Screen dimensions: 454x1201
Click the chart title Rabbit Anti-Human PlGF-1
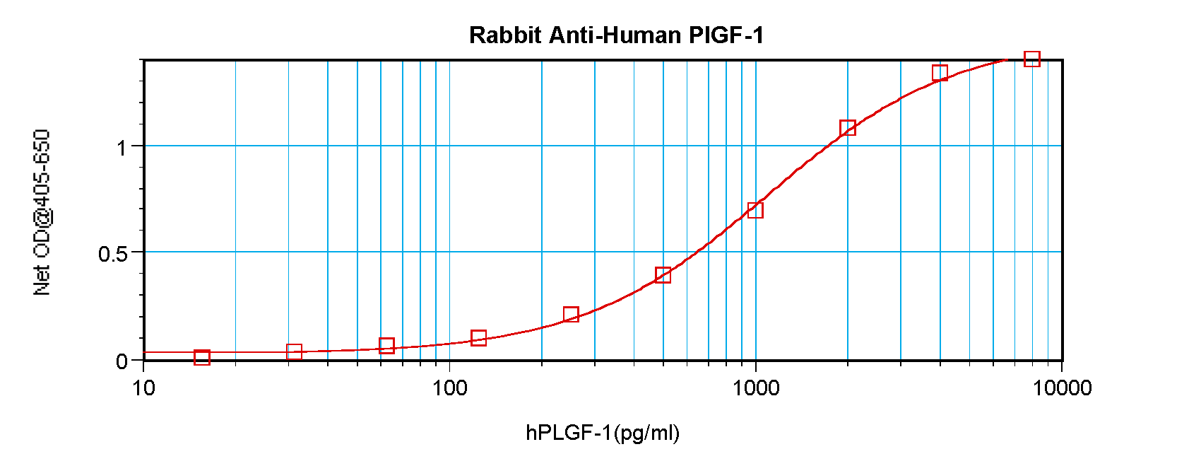tap(616, 35)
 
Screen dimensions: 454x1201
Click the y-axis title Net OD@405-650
tap(42, 212)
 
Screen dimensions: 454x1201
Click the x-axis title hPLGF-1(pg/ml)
tap(602, 432)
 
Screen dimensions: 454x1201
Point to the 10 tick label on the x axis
tap(143, 388)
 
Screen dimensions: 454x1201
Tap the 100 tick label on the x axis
tap(449, 388)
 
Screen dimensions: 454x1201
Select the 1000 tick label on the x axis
tap(755, 388)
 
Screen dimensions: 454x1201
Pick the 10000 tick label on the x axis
tap(1061, 388)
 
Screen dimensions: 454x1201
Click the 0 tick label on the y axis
tap(122, 361)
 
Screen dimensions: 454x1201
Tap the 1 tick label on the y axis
tap(122, 148)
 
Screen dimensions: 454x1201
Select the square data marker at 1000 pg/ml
tap(755, 210)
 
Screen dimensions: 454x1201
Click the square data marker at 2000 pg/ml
tap(848, 128)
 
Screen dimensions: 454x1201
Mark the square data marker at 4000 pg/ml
tap(940, 73)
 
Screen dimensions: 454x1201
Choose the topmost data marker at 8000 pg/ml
tap(1032, 59)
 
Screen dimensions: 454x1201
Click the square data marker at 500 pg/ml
tap(663, 275)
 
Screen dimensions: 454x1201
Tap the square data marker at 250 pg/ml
tap(571, 315)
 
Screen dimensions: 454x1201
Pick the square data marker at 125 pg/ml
tap(478, 338)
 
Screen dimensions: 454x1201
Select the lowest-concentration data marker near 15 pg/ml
tap(202, 358)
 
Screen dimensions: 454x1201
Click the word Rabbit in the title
tap(505, 35)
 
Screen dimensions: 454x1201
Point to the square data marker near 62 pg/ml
tap(386, 346)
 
